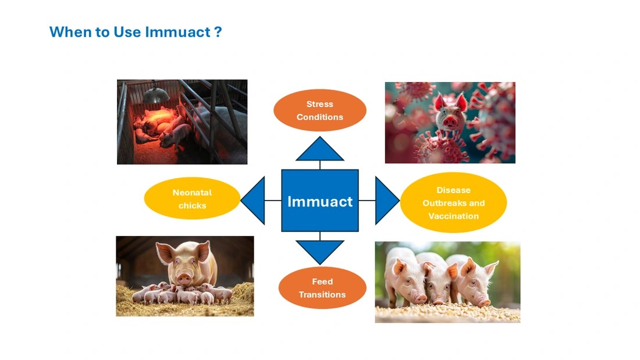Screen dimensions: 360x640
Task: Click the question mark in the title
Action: click(x=218, y=32)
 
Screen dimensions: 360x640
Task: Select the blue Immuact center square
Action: click(x=320, y=201)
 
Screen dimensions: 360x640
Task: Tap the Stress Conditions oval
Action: click(x=319, y=111)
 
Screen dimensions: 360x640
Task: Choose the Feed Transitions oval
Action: click(x=322, y=288)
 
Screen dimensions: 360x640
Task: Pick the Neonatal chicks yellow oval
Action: click(x=192, y=199)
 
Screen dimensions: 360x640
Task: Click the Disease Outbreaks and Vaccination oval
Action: click(x=453, y=203)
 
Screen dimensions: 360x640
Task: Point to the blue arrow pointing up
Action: click(x=320, y=149)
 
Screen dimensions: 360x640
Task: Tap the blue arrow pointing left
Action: click(x=255, y=201)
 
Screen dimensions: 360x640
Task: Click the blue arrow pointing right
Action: click(x=385, y=201)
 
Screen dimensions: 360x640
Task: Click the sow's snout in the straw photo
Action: click(x=184, y=279)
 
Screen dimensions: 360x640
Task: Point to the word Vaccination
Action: click(x=453, y=216)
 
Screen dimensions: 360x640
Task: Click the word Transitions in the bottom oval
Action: click(x=322, y=295)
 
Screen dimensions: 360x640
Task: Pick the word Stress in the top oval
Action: click(x=319, y=105)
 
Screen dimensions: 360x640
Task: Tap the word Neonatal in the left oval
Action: click(x=192, y=193)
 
